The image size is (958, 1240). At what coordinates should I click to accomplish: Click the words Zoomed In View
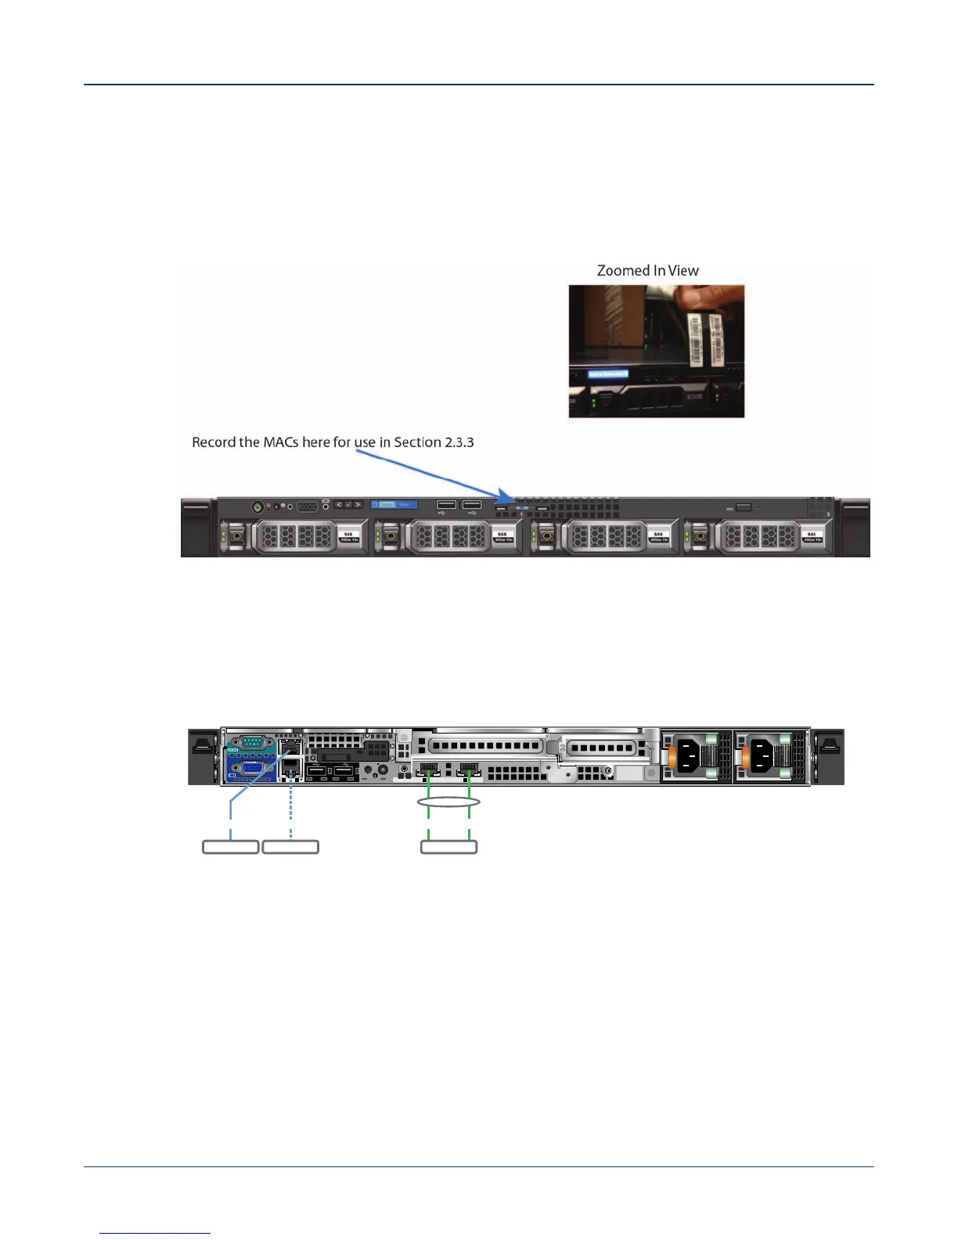coord(647,271)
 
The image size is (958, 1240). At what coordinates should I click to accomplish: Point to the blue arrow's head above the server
coord(508,496)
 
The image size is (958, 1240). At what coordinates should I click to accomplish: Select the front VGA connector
coord(308,506)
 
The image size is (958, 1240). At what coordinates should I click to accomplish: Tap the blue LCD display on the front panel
coord(394,505)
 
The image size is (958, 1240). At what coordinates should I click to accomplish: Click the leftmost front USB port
coord(446,504)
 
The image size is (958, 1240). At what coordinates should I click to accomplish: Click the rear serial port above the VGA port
coord(250,744)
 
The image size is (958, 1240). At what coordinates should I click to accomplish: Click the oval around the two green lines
coord(448,802)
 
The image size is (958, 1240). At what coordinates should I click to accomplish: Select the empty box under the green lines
coord(448,846)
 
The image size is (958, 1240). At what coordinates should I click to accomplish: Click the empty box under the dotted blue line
coord(290,846)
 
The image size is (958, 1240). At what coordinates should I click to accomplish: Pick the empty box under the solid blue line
coord(230,846)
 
